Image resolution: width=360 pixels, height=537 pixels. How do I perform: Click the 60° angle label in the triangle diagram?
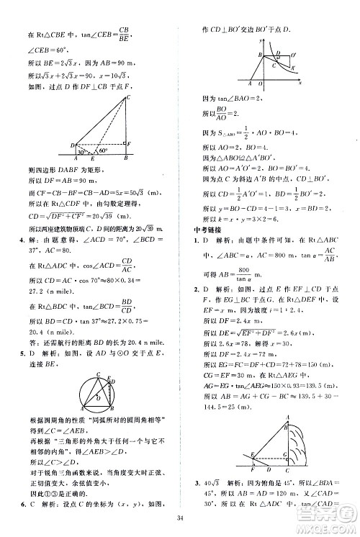pyautogui.click(x=104, y=152)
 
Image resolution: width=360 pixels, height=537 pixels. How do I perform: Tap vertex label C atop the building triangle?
pyautogui.click(x=128, y=96)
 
